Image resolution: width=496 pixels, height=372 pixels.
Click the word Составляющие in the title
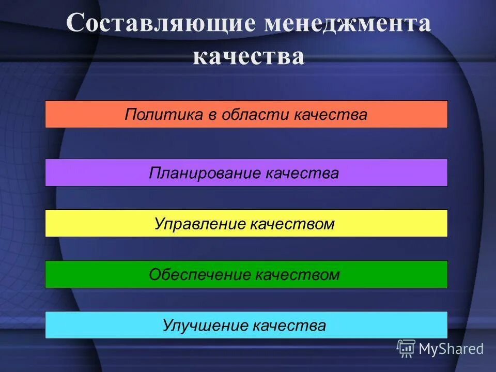click(160, 25)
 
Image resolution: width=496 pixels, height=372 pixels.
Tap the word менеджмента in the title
click(347, 25)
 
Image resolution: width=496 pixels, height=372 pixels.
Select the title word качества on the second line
click(249, 57)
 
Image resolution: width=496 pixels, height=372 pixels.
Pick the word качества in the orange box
click(331, 115)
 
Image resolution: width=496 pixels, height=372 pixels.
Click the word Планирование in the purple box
click(205, 173)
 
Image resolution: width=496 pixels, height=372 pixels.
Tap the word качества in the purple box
click(302, 173)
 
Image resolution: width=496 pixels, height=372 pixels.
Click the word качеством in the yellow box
click(292, 224)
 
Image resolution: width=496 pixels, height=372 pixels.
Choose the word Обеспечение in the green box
click(200, 275)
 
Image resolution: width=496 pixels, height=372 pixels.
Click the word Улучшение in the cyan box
click(205, 326)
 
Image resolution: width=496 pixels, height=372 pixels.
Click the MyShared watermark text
click(451, 349)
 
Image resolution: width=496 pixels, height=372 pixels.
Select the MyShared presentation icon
click(406, 348)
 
